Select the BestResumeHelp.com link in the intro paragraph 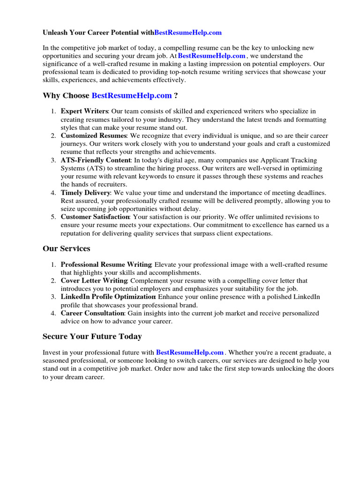point(212,56)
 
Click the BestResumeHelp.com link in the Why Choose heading point(132,96)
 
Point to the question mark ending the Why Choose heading point(176,96)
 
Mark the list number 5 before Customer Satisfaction point(53,217)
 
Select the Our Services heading point(67,248)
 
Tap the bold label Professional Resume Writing point(106,265)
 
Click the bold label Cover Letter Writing point(94,281)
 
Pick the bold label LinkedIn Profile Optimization point(108,297)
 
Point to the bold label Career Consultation point(92,313)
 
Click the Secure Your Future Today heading point(92,337)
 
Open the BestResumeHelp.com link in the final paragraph point(190,352)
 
